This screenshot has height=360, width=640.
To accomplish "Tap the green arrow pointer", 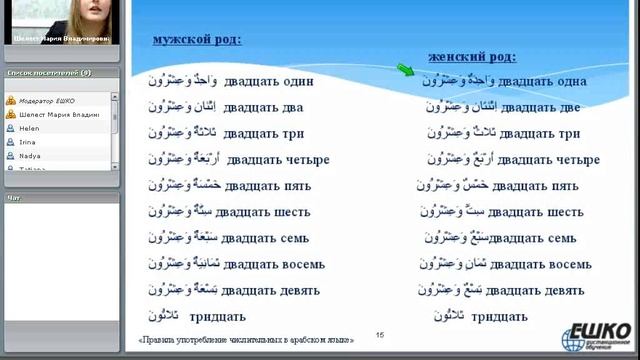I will [405, 70].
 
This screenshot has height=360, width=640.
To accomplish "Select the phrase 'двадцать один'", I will [269, 81].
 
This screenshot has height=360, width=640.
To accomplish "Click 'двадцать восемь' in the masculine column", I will [275, 264].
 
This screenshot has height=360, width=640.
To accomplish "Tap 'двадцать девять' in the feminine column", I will [541, 290].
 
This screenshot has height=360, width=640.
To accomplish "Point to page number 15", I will [379, 334].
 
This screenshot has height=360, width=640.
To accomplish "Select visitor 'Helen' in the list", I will [29, 128].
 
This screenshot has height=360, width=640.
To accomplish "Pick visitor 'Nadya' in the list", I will [29, 156].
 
